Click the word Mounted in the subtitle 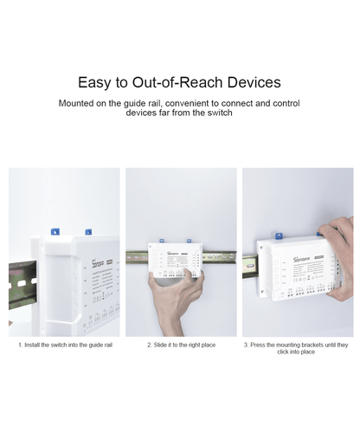pyautogui.click(x=79, y=103)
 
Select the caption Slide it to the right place pyautogui.click(x=180, y=345)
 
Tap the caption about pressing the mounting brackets pyautogui.click(x=296, y=348)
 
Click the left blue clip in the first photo pyautogui.click(x=54, y=231)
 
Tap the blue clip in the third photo pyautogui.click(x=280, y=234)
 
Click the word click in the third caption pyautogui.click(x=280, y=352)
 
